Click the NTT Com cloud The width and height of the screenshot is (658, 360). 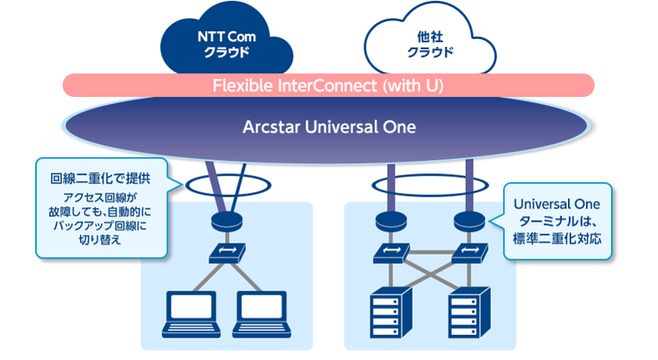pyautogui.click(x=227, y=42)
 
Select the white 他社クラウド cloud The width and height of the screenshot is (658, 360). pyautogui.click(x=430, y=42)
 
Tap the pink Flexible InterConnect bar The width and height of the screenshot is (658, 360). pyautogui.click(x=328, y=86)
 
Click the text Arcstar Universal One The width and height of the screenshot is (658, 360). pyautogui.click(x=329, y=127)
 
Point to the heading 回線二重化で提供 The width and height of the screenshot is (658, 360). pyautogui.click(x=100, y=178)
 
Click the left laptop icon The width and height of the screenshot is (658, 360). pyautogui.click(x=191, y=315)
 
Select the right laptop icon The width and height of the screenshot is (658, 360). pyautogui.click(x=262, y=315)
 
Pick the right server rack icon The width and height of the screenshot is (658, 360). pyautogui.click(x=469, y=312)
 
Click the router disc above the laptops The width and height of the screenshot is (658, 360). pyautogui.click(x=227, y=221)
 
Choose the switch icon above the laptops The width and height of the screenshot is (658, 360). pyautogui.click(x=227, y=253)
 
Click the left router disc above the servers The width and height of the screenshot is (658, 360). pyautogui.click(x=391, y=221)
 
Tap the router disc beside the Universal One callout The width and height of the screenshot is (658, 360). pyautogui.click(x=470, y=221)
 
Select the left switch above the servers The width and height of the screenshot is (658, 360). pyautogui.click(x=391, y=253)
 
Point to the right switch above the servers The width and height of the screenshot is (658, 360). pyautogui.click(x=470, y=253)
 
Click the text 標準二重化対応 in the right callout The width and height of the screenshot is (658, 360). pyautogui.click(x=557, y=239)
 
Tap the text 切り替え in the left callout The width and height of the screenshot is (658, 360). pyautogui.click(x=100, y=240)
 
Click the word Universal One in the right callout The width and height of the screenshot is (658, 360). pyautogui.click(x=557, y=204)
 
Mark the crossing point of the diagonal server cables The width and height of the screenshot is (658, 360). pyautogui.click(x=430, y=275)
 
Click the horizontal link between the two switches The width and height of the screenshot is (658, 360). pyautogui.click(x=430, y=252)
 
